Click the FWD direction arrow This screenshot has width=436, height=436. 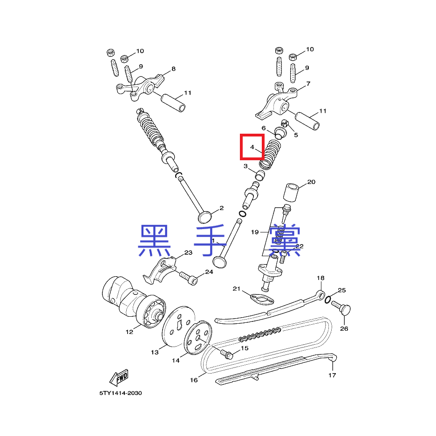coord(119,378)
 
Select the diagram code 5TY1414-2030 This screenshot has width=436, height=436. coord(121,393)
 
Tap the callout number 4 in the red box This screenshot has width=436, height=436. coord(252,147)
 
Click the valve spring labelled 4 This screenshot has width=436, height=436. coord(270,154)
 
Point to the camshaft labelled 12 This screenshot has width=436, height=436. coord(134,301)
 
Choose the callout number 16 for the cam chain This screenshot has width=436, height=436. coord(194,380)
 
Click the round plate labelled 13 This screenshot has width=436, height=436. coord(178,327)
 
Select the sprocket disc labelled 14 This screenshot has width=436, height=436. coord(198,337)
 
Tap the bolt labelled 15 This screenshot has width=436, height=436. coord(226,354)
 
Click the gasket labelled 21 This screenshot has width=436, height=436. coord(262,299)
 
